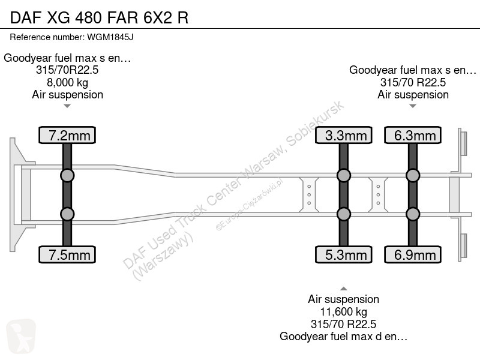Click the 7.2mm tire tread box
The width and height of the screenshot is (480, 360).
tap(67, 135)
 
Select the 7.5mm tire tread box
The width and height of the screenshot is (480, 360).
tap(67, 254)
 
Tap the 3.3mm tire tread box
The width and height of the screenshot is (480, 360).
tap(343, 135)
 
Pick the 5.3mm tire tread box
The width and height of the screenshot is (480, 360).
tap(343, 254)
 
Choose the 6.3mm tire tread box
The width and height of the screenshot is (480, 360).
tap(413, 135)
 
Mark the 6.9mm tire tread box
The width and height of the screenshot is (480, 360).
tap(413, 254)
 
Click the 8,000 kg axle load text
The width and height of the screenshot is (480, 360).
tap(67, 83)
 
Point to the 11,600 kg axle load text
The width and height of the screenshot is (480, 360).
tap(343, 312)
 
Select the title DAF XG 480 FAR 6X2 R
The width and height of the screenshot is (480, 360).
tap(99, 17)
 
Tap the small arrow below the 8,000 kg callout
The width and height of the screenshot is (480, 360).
tap(67, 106)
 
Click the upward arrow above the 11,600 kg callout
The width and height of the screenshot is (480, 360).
tap(343, 289)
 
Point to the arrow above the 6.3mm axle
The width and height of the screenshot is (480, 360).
tap(413, 106)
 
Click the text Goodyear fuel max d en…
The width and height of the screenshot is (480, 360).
tap(343, 337)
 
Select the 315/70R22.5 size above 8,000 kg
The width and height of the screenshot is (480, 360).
tap(67, 70)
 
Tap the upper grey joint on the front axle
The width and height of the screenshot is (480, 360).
tap(67, 176)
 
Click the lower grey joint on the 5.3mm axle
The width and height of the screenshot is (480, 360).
tap(343, 214)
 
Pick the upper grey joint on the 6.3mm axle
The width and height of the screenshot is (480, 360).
tap(413, 176)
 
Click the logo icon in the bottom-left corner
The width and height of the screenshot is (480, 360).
tap(21, 336)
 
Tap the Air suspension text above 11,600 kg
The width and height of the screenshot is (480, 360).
tap(343, 299)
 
